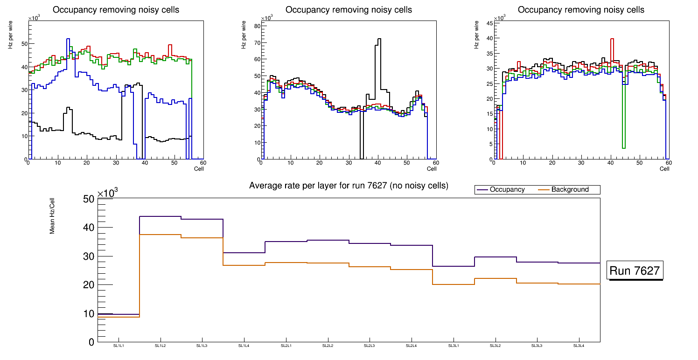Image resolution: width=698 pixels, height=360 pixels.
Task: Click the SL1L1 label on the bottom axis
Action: pos(119,346)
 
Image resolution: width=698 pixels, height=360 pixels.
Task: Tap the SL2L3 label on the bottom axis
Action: pos(370,346)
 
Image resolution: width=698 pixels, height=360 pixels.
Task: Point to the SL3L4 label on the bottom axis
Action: pos(579,346)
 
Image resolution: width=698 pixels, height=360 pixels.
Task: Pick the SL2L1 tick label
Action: pos(286,346)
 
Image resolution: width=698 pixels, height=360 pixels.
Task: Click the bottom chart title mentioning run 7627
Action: pos(349,186)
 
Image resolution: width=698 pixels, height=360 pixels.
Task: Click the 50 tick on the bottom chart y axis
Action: pos(89,199)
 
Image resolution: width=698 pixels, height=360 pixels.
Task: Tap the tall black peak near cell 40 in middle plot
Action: pos(379,40)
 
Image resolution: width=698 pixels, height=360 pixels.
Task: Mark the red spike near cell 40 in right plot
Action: pos(612,39)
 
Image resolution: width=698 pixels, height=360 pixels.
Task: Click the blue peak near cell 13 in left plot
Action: pos(68,39)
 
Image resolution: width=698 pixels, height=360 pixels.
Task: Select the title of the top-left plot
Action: pos(116,10)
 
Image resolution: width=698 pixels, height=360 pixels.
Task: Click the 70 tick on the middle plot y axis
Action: pos(256,43)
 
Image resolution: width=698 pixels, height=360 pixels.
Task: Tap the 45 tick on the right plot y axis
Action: pos(489,23)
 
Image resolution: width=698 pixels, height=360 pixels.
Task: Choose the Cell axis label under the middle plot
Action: pos(432,169)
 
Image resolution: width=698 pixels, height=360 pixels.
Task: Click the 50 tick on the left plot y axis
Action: pos(24,44)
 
